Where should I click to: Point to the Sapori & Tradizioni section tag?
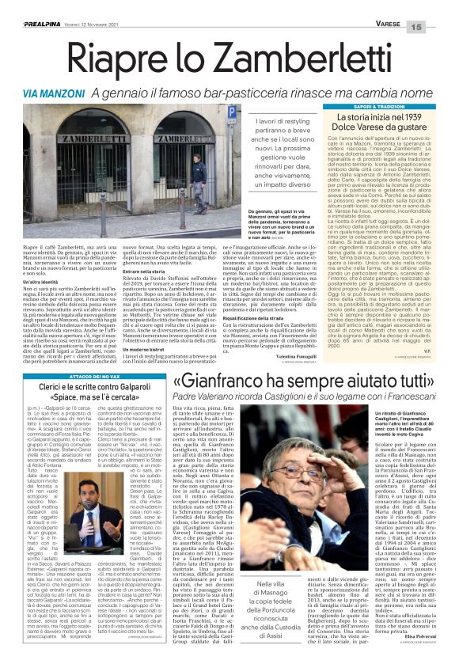pos(380,106)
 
